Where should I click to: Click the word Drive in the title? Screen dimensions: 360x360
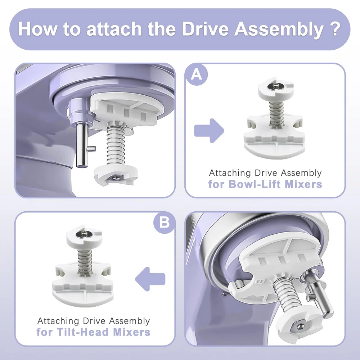pos(206,29)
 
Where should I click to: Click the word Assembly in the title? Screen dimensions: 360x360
pos(279,30)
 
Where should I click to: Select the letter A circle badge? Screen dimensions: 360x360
pos(197,75)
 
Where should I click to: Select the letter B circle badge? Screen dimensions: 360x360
pos(165,222)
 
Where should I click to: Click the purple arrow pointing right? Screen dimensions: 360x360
pos(209,131)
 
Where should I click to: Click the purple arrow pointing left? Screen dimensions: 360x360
pos(150,279)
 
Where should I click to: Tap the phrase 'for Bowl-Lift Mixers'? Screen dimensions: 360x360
pos(265,184)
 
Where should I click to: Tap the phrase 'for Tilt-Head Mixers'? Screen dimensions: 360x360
pos(94,332)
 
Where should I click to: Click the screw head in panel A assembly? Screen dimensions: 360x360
pos(275,86)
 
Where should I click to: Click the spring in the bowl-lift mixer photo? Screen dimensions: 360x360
pos(116,145)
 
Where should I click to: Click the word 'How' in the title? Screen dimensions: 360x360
pos(38,29)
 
